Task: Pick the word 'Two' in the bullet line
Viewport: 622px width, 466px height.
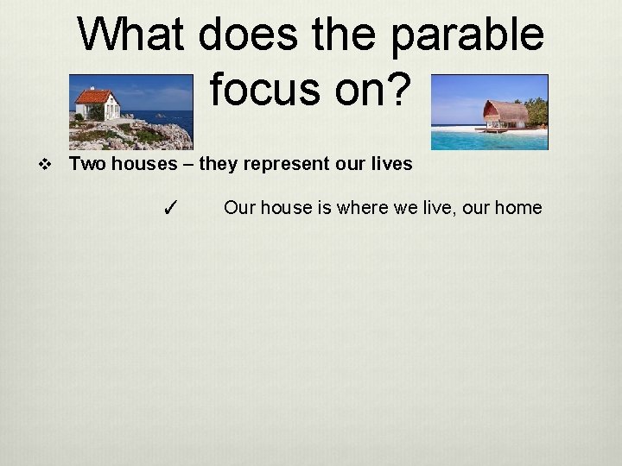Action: (x=85, y=164)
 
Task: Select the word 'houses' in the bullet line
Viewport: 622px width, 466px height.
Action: (x=134, y=164)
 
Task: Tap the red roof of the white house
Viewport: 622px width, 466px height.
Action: (x=94, y=96)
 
